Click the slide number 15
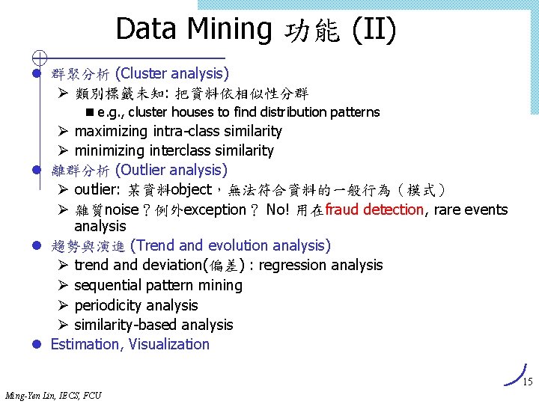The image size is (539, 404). [527, 382]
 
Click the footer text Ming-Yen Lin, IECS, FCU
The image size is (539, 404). [53, 395]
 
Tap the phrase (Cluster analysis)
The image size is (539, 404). [172, 73]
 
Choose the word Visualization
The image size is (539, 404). [169, 344]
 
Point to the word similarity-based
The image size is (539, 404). [123, 325]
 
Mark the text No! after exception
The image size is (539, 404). [278, 210]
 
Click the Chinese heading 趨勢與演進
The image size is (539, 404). [88, 245]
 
